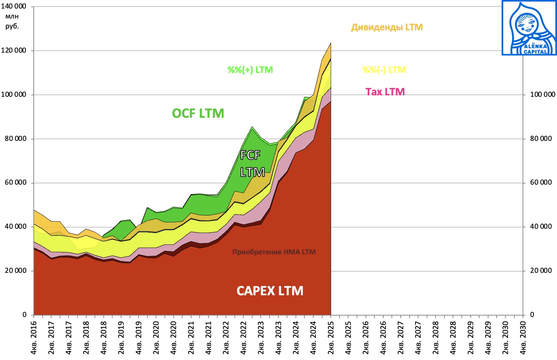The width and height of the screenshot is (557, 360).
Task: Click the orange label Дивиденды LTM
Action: click(x=387, y=27)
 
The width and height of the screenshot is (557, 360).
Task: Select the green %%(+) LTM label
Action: click(x=250, y=70)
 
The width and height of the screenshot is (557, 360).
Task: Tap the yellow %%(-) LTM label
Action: click(x=384, y=70)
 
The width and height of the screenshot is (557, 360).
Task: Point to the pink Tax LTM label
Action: click(x=385, y=92)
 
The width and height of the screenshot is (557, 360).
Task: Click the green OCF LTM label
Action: click(x=198, y=113)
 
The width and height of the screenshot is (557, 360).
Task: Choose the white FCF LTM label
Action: click(x=252, y=164)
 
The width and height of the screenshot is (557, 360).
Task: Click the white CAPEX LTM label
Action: click(x=270, y=291)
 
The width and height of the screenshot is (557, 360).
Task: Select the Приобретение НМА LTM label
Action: click(x=274, y=252)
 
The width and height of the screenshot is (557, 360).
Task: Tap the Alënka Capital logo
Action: click(x=529, y=28)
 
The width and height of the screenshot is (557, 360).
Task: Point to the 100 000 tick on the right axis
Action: click(x=542, y=95)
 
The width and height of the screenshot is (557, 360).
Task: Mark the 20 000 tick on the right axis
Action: click(x=541, y=271)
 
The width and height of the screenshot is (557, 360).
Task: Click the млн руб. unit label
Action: click(x=12, y=21)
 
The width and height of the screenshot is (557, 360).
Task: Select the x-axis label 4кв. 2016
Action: click(x=34, y=338)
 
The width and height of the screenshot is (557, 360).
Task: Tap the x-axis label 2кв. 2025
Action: click(x=331, y=338)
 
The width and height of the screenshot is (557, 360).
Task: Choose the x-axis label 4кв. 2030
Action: click(x=523, y=338)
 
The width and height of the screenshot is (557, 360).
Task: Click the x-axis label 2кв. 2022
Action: click(x=226, y=338)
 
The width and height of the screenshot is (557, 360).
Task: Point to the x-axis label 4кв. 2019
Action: click(x=139, y=338)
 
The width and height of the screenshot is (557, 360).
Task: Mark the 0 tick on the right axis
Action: click(x=532, y=314)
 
